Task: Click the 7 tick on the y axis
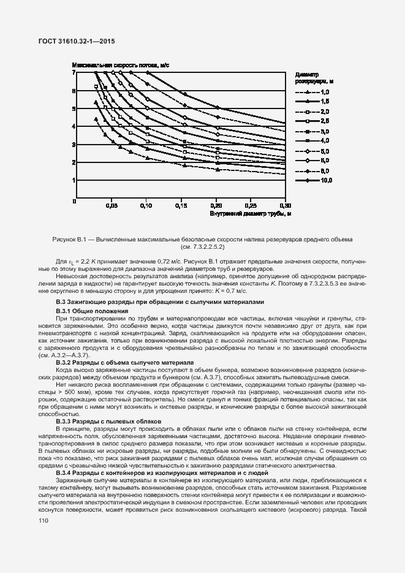click(74, 73)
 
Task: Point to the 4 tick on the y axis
click(74, 127)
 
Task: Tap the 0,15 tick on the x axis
click(181, 206)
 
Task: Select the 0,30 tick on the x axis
click(286, 206)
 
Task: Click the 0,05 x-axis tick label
click(112, 206)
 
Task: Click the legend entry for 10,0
click(314, 181)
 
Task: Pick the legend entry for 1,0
click(314, 91)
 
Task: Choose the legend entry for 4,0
click(314, 141)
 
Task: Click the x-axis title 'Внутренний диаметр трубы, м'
click(250, 214)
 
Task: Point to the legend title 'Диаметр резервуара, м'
click(313, 77)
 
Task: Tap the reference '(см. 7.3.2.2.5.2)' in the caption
click(203, 247)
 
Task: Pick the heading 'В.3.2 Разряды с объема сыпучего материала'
click(124, 363)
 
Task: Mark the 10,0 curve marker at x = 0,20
click(216, 108)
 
